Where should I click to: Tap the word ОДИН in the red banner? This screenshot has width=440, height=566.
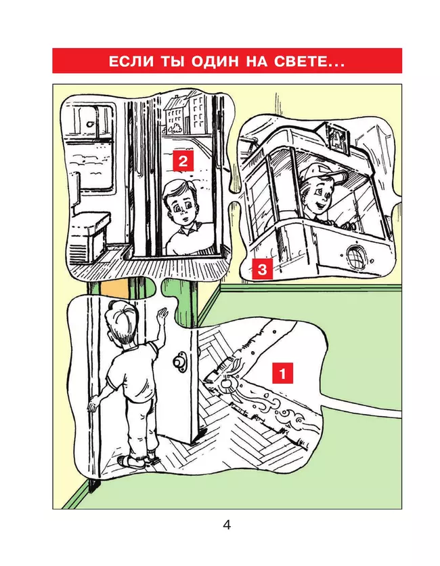(x=215, y=61)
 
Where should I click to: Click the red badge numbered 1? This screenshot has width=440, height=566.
(x=282, y=373)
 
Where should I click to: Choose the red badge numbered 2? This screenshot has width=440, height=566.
(x=183, y=161)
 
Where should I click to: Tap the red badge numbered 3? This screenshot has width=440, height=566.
(x=263, y=269)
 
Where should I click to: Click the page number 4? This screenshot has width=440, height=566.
(x=227, y=525)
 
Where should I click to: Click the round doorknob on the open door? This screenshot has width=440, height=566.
(x=179, y=362)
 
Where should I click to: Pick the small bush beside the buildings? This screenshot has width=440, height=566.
(x=176, y=127)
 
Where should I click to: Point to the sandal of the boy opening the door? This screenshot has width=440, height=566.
(x=132, y=461)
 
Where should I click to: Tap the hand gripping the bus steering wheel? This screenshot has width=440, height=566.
(x=346, y=226)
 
